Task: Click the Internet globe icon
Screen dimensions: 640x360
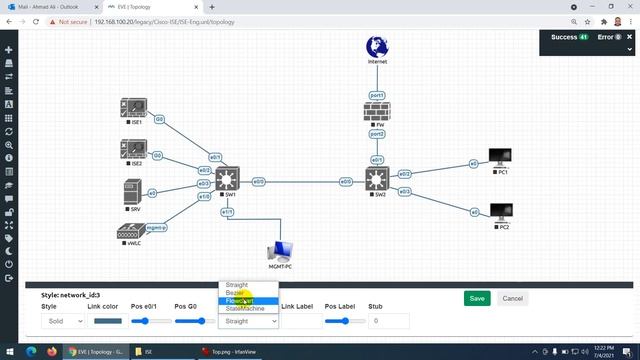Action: click(377, 46)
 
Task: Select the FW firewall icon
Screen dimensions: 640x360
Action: click(377, 113)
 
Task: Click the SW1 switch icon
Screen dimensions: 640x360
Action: click(228, 179)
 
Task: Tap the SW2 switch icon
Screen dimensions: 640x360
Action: click(377, 180)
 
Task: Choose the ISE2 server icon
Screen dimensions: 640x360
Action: click(133, 150)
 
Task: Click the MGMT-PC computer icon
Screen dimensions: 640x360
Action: click(280, 251)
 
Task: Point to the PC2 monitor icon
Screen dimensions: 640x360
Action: click(500, 212)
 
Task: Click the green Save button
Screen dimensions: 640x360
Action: click(477, 298)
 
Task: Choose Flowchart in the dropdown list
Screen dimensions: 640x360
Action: click(239, 301)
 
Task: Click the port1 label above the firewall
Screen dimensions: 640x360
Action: click(377, 95)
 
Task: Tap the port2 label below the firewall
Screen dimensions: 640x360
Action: click(377, 134)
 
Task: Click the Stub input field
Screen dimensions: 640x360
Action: click(388, 321)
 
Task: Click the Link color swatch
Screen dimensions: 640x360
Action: click(107, 321)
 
